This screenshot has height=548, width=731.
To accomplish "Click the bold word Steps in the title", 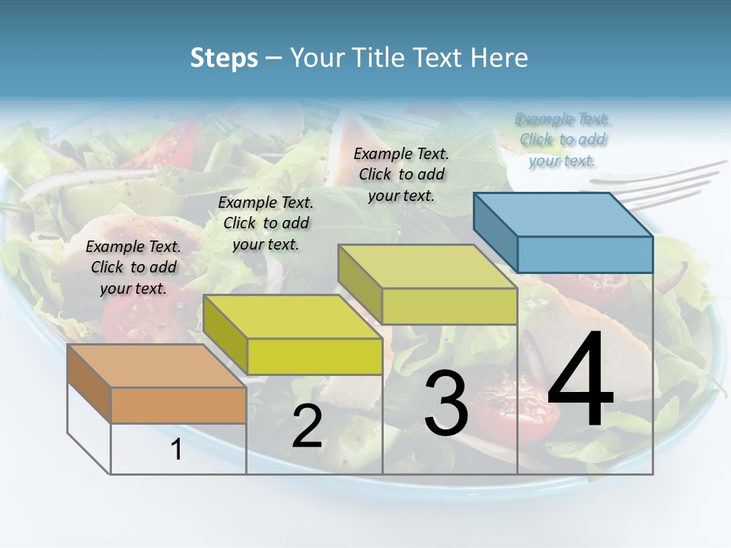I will (x=223, y=58).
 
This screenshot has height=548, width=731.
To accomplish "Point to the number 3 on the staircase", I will (x=446, y=403).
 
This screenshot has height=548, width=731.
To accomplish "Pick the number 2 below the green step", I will (x=307, y=426).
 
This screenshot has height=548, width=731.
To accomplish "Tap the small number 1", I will (x=177, y=449).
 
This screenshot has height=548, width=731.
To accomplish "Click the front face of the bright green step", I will (x=314, y=356).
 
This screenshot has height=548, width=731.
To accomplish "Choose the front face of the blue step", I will (x=585, y=254).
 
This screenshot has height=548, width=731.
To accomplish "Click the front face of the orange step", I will (x=178, y=405).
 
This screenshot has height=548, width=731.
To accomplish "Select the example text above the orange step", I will (x=133, y=267).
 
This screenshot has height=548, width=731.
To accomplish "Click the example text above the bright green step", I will (x=266, y=223).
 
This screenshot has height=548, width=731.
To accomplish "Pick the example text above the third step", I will (x=401, y=174).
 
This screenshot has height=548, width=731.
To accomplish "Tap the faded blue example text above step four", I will (x=563, y=139).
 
